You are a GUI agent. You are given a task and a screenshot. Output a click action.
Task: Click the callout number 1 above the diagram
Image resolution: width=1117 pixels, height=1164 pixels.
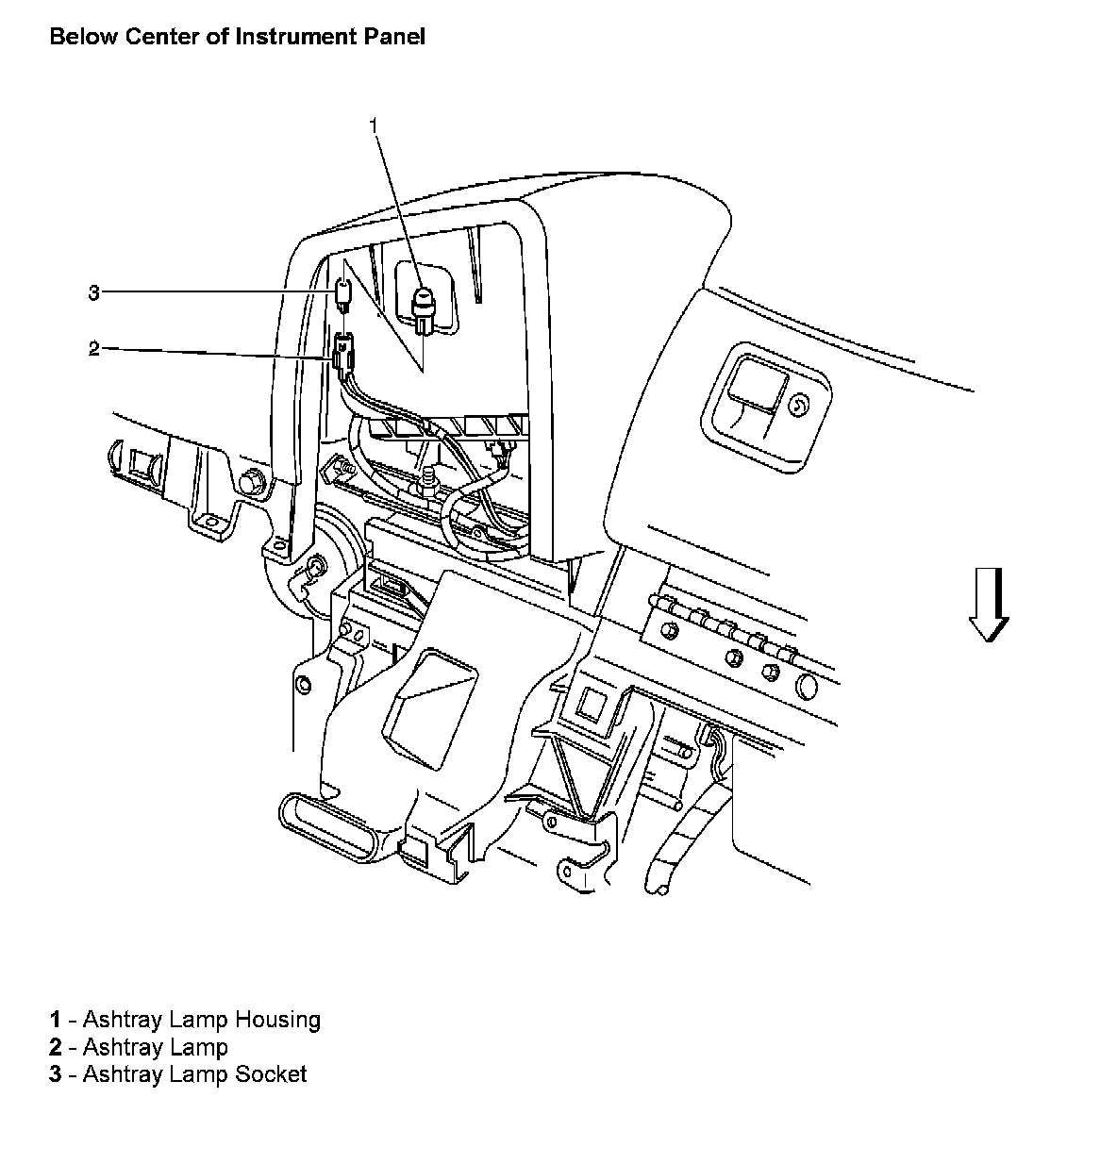pyautogui.click(x=375, y=125)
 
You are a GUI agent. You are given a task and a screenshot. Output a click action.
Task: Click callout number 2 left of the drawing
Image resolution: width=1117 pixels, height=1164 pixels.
pyautogui.click(x=93, y=349)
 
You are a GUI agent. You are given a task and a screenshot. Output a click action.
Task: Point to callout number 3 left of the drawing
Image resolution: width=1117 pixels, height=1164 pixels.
pyautogui.click(x=93, y=292)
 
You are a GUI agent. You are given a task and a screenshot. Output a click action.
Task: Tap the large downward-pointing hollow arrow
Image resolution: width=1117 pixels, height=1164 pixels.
pyautogui.click(x=989, y=604)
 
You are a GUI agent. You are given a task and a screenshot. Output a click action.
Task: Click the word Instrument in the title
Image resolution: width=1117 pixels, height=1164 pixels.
pyautogui.click(x=297, y=37)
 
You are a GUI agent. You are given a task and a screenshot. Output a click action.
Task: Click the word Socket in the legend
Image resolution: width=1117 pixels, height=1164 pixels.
pyautogui.click(x=271, y=1073)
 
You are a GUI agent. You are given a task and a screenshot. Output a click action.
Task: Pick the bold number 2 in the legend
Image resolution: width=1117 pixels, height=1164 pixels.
pyautogui.click(x=56, y=1047)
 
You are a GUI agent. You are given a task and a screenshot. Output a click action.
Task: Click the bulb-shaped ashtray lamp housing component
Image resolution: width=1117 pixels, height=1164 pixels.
pyautogui.click(x=424, y=308)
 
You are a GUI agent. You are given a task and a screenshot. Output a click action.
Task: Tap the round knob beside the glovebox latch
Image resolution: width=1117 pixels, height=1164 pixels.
pyautogui.click(x=798, y=406)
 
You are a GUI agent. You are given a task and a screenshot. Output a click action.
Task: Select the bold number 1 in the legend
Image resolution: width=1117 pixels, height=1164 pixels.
pyautogui.click(x=56, y=1020)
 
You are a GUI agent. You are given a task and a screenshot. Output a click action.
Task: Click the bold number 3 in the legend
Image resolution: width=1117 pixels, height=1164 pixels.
pyautogui.click(x=56, y=1073)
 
